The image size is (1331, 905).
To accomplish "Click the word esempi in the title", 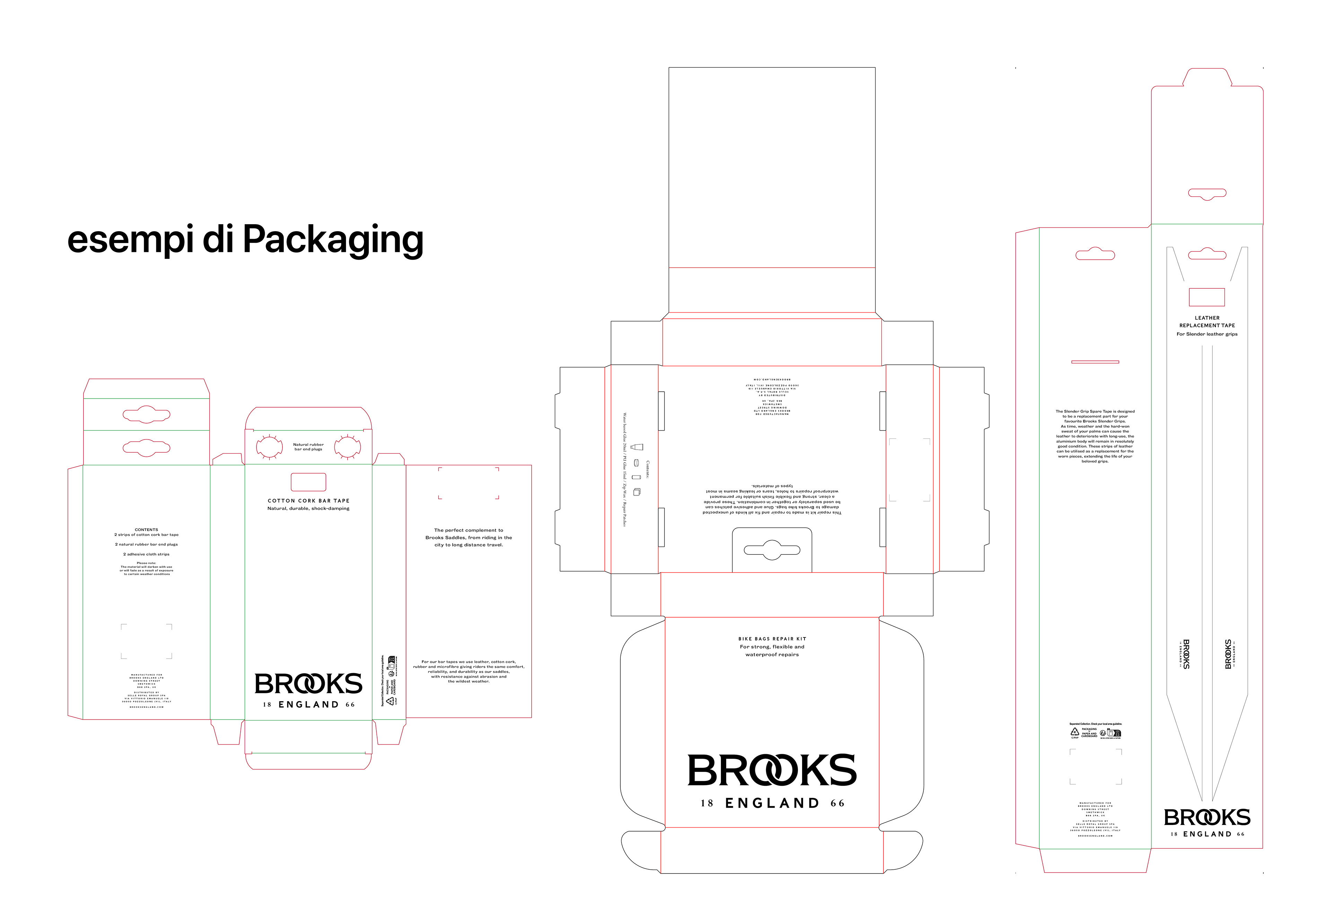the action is (130, 240).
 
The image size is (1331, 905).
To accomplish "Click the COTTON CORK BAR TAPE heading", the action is (308, 501).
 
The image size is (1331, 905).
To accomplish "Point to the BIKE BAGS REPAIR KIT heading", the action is (772, 639).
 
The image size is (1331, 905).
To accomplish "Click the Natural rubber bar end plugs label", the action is (308, 447).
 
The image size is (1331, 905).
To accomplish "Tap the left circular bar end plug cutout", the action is (269, 447).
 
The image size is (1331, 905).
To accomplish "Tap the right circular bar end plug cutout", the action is (347, 447).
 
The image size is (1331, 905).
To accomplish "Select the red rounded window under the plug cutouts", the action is (308, 482).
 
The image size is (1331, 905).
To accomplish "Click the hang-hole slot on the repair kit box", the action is (772, 550).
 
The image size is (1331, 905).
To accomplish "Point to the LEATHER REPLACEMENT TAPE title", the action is (1207, 321).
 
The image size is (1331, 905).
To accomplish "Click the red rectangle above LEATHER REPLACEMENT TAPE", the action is (1207, 297).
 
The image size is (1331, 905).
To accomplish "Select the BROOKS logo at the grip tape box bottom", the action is (1207, 817).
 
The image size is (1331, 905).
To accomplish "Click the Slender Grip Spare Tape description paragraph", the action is (1095, 436).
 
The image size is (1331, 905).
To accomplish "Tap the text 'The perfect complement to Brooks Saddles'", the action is (469, 537).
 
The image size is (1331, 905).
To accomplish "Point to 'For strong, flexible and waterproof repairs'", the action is (772, 651).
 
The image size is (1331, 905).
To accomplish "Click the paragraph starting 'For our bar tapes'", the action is (469, 671).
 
